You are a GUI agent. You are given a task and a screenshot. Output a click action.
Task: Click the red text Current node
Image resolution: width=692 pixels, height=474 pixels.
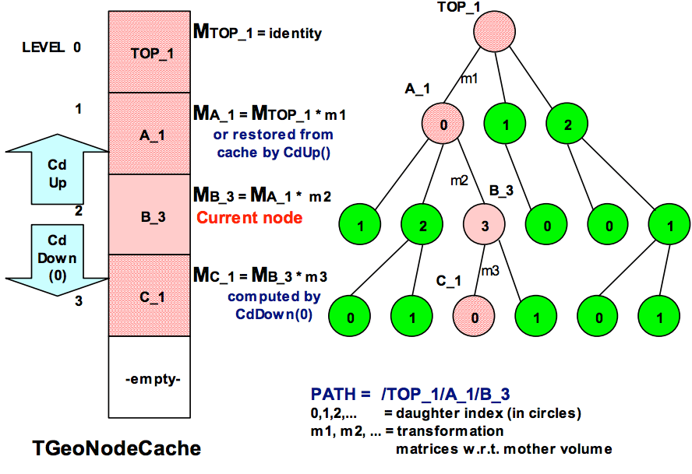(x=249, y=218)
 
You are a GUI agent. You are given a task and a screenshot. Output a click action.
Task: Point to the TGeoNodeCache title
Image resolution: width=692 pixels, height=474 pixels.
(x=116, y=448)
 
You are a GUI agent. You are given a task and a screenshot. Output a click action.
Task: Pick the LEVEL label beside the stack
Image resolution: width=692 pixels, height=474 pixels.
(x=44, y=47)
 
